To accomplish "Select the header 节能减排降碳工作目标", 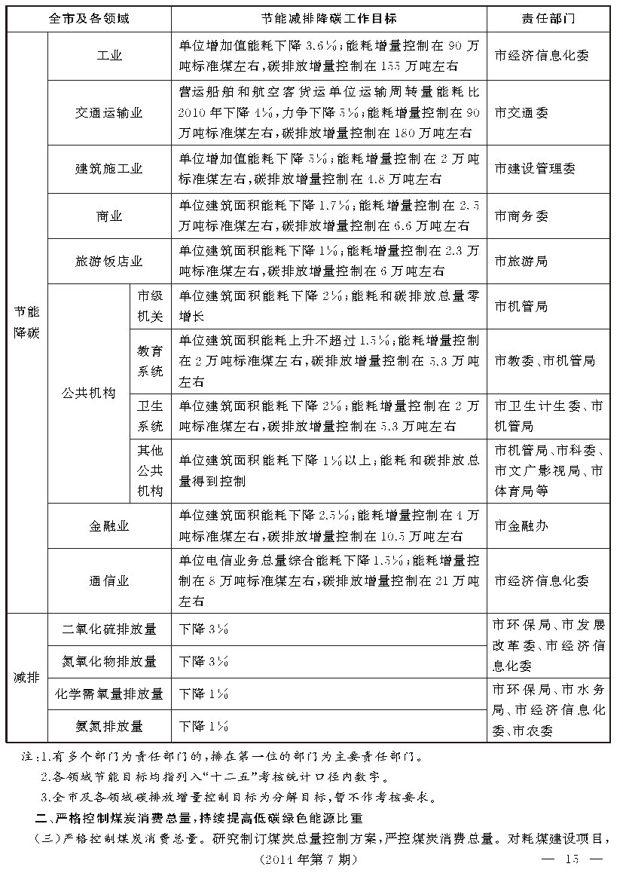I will click(x=328, y=18).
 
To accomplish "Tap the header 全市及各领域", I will click(x=89, y=18).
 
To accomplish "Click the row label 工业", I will click(x=109, y=56).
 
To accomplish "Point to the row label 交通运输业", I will click(x=109, y=113).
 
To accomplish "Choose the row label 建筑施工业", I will click(x=109, y=169).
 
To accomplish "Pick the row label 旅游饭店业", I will click(x=109, y=262).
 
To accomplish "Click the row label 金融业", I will click(x=109, y=525).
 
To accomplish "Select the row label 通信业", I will click(x=109, y=580).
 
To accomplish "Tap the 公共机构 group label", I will click(x=88, y=393).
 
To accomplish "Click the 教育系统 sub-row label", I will click(x=150, y=361).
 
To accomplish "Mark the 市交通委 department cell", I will click(x=521, y=113).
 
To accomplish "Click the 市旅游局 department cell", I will click(x=521, y=262).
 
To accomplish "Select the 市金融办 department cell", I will click(x=521, y=525).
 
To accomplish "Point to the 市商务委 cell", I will click(x=521, y=216).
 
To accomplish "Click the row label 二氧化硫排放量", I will click(x=109, y=629).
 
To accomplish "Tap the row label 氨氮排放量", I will click(x=109, y=726).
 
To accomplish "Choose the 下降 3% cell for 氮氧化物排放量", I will click(x=203, y=661).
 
